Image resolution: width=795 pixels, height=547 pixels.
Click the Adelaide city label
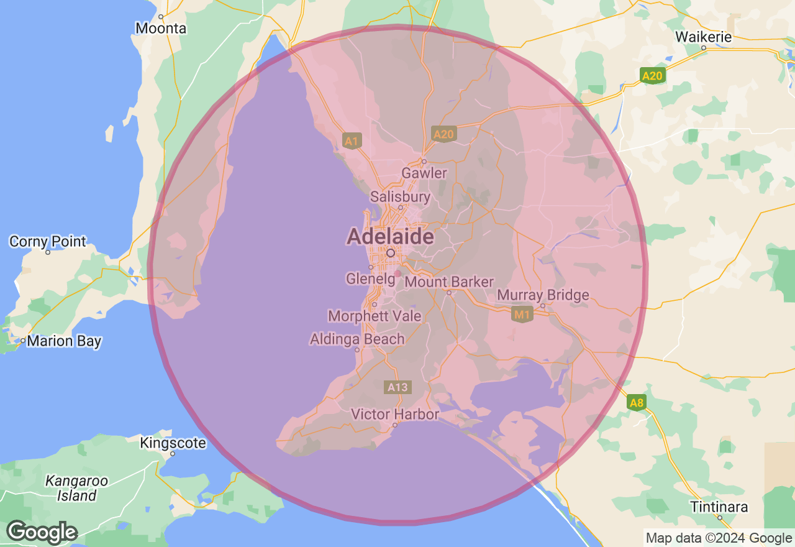pyautogui.click(x=390, y=237)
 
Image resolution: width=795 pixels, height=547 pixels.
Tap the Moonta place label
pyautogui.click(x=161, y=29)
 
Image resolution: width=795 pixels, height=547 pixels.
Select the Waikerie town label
pyautogui.click(x=704, y=37)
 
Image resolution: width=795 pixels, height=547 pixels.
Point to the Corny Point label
pyautogui.click(x=48, y=241)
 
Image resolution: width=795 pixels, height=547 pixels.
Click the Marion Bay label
pyautogui.click(x=64, y=341)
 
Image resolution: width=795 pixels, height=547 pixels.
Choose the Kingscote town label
pyautogui.click(x=173, y=443)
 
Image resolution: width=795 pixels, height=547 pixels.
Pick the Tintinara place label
pyautogui.click(x=719, y=507)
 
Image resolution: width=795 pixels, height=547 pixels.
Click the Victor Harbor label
pyautogui.click(x=395, y=414)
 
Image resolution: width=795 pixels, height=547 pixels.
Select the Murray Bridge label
pyautogui.click(x=543, y=295)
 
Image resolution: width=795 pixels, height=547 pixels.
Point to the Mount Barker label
pyautogui.click(x=449, y=282)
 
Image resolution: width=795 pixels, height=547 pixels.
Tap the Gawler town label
pyautogui.click(x=424, y=173)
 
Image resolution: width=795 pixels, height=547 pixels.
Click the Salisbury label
pyautogui.click(x=400, y=197)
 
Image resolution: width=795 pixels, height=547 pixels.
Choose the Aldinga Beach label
pyautogui.click(x=357, y=339)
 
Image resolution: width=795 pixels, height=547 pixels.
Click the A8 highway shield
pyautogui.click(x=637, y=403)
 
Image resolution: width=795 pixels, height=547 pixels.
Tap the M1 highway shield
pyautogui.click(x=522, y=315)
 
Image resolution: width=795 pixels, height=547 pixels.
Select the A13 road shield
pyautogui.click(x=397, y=388)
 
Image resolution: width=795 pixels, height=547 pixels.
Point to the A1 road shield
pyautogui.click(x=352, y=141)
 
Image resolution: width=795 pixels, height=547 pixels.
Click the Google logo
pyautogui.click(x=42, y=533)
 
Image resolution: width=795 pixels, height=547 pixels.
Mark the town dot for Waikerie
pyautogui.click(x=704, y=48)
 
